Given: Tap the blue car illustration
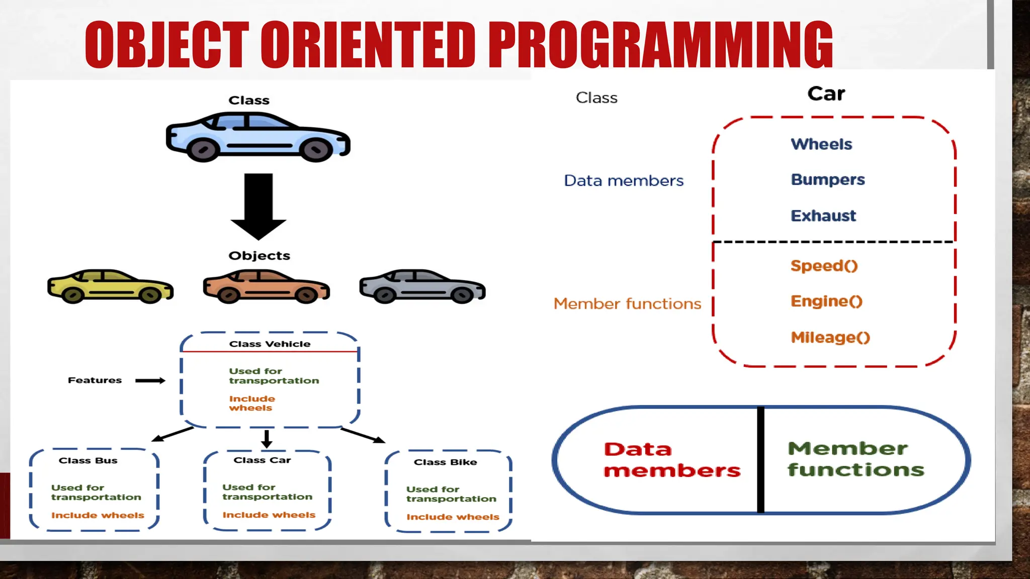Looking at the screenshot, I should (x=258, y=137).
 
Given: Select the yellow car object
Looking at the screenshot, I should (x=110, y=286).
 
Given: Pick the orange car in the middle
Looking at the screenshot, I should (x=266, y=286).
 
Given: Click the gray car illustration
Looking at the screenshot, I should (x=422, y=286).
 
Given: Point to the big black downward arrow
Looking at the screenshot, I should (x=259, y=206).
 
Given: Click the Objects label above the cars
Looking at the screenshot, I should (x=259, y=256).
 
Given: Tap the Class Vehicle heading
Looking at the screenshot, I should (x=270, y=344).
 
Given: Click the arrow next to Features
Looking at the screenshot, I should (x=150, y=380).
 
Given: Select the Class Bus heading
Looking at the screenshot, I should (x=88, y=461).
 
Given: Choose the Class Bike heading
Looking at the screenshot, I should (x=445, y=462).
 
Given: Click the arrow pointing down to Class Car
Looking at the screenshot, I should (x=267, y=439).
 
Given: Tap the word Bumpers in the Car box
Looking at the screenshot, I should (x=827, y=180).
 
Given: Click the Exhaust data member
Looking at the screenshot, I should (x=823, y=216).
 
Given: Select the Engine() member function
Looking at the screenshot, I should (x=826, y=302).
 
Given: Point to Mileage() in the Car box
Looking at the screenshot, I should (x=830, y=337).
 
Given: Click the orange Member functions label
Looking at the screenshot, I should (x=627, y=304).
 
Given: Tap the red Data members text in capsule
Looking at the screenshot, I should (x=671, y=460).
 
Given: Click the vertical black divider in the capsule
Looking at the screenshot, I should (x=760, y=460).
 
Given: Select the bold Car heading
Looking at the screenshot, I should (x=826, y=94).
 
